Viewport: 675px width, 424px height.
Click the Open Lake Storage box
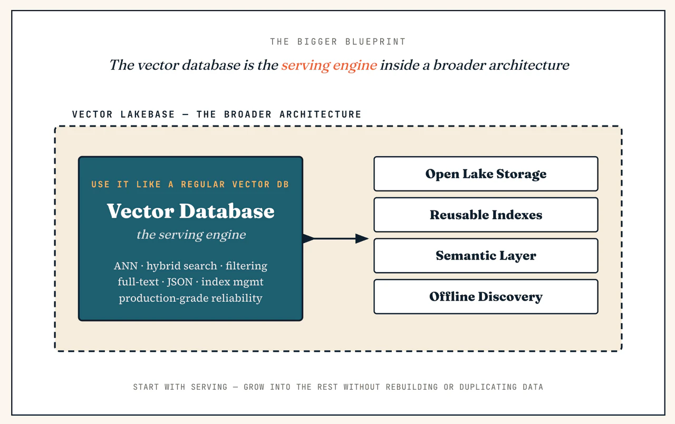point(486,174)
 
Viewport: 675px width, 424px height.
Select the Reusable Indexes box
point(486,215)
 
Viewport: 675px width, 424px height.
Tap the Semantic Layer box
point(486,256)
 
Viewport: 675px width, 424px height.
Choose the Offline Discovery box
point(486,297)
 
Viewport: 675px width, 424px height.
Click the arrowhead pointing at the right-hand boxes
point(362,238)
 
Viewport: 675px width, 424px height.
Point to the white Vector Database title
point(191,210)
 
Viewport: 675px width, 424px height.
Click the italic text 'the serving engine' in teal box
point(191,235)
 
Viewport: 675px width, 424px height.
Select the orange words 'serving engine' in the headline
point(329,65)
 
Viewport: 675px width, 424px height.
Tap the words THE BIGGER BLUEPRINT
point(338,42)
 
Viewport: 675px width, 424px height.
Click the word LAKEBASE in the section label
point(148,114)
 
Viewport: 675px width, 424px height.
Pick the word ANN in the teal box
point(126,266)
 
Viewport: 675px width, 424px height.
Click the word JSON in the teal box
point(180,282)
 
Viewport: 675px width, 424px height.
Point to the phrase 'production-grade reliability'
point(190,298)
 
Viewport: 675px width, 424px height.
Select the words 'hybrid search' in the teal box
point(182,266)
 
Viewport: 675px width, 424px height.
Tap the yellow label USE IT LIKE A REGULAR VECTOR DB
point(190,185)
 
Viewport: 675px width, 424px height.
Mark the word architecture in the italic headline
point(529,65)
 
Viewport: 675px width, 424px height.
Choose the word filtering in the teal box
point(246,266)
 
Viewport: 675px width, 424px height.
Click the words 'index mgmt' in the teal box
point(233,282)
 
